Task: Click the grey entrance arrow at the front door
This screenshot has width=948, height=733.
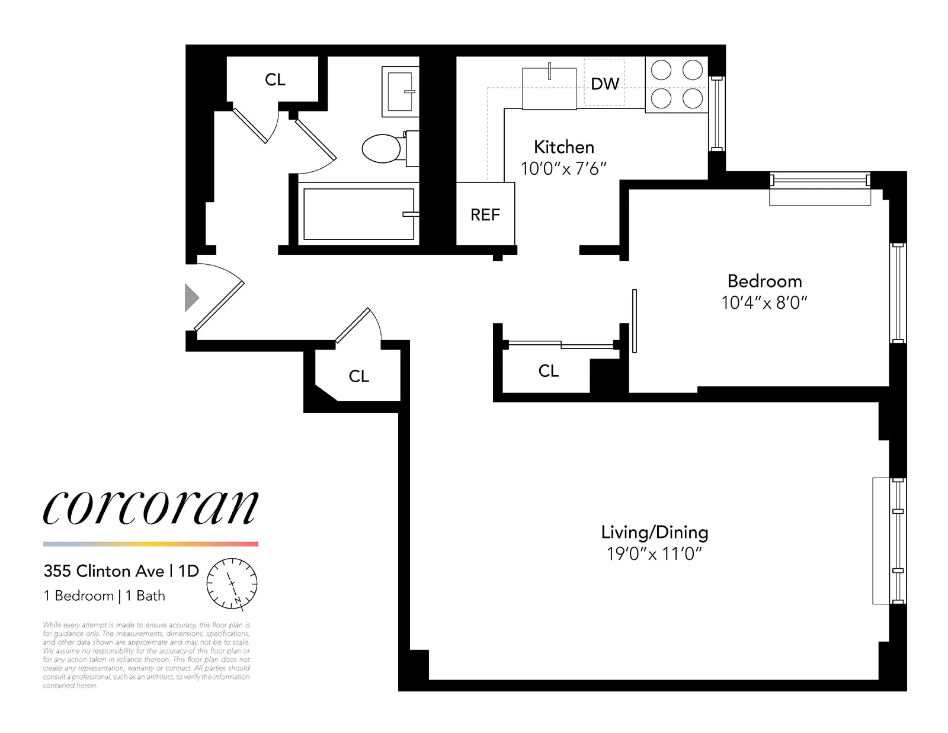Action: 191,297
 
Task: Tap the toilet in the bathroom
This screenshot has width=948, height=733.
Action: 382,148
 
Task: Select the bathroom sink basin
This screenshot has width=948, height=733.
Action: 400,91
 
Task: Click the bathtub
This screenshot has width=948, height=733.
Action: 358,214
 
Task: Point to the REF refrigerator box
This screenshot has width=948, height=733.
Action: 485,215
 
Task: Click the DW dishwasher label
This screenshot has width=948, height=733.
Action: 605,84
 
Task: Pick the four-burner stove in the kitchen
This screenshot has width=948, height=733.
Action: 677,85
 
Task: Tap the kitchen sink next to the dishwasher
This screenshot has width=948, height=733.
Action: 549,89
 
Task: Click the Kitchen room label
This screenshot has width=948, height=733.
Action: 563,147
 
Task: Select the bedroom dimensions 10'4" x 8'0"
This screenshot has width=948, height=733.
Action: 764,303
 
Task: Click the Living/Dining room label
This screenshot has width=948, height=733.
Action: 655,532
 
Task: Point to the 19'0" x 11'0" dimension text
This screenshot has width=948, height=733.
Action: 654,554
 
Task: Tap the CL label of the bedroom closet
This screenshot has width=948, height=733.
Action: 548,371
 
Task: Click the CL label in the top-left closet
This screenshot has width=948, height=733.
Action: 275,79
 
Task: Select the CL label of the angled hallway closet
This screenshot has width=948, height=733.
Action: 358,376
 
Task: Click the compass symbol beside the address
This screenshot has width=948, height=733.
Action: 232,584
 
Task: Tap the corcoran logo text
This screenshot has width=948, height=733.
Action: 150,508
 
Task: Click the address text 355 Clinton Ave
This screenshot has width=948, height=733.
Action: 104,571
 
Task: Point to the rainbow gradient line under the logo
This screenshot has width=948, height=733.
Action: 150,544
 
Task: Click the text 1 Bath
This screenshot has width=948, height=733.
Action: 146,596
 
